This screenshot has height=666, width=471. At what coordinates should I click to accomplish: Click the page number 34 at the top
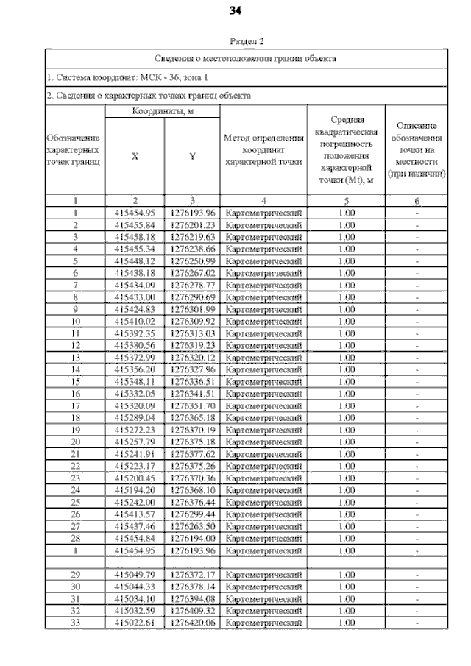[x=235, y=10]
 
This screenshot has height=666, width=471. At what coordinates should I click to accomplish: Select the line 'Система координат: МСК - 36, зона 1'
[x=127, y=76]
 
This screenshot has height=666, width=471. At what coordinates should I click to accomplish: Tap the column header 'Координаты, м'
[x=163, y=110]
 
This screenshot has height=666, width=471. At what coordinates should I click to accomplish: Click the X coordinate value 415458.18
[x=135, y=238]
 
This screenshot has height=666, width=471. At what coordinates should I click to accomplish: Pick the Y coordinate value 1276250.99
[x=191, y=261]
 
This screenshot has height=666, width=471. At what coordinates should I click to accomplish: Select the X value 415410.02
[x=135, y=321]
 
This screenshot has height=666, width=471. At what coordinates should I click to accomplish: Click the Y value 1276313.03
[x=191, y=333]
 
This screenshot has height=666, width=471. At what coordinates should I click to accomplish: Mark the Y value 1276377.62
[x=191, y=454]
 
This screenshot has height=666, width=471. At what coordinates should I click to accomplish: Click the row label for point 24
[x=75, y=489]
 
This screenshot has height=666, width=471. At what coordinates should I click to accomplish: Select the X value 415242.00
[x=135, y=501]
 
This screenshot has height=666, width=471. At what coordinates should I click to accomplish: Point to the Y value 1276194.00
[x=191, y=538]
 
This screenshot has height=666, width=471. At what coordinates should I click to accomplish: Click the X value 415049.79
[x=135, y=574]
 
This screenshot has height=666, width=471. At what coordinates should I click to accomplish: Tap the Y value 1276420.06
[x=191, y=623]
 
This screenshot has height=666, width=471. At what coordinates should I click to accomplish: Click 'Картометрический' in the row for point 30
[x=263, y=587]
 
